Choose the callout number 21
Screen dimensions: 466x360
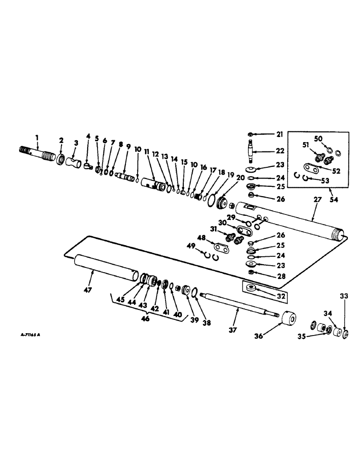(x=279, y=134)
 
